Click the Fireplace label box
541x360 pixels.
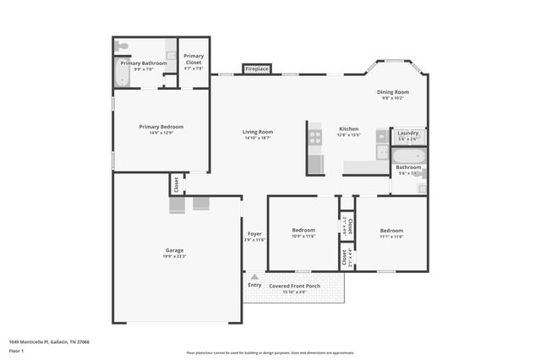click(256, 68)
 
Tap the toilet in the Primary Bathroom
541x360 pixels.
click(123, 46)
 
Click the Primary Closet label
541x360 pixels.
click(194, 59)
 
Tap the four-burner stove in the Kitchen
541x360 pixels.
click(315, 135)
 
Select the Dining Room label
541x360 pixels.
click(394, 91)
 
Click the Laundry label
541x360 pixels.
click(408, 133)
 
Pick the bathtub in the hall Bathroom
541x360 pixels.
click(409, 155)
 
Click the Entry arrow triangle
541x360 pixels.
click(254, 276)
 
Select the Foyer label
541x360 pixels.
click(254, 233)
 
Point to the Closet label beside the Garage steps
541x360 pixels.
click(176, 184)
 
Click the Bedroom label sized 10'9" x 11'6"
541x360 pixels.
click(303, 230)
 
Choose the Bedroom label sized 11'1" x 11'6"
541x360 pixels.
click(391, 230)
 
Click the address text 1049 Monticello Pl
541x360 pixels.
click(49, 341)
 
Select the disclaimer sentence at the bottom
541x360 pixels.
click(270, 352)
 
